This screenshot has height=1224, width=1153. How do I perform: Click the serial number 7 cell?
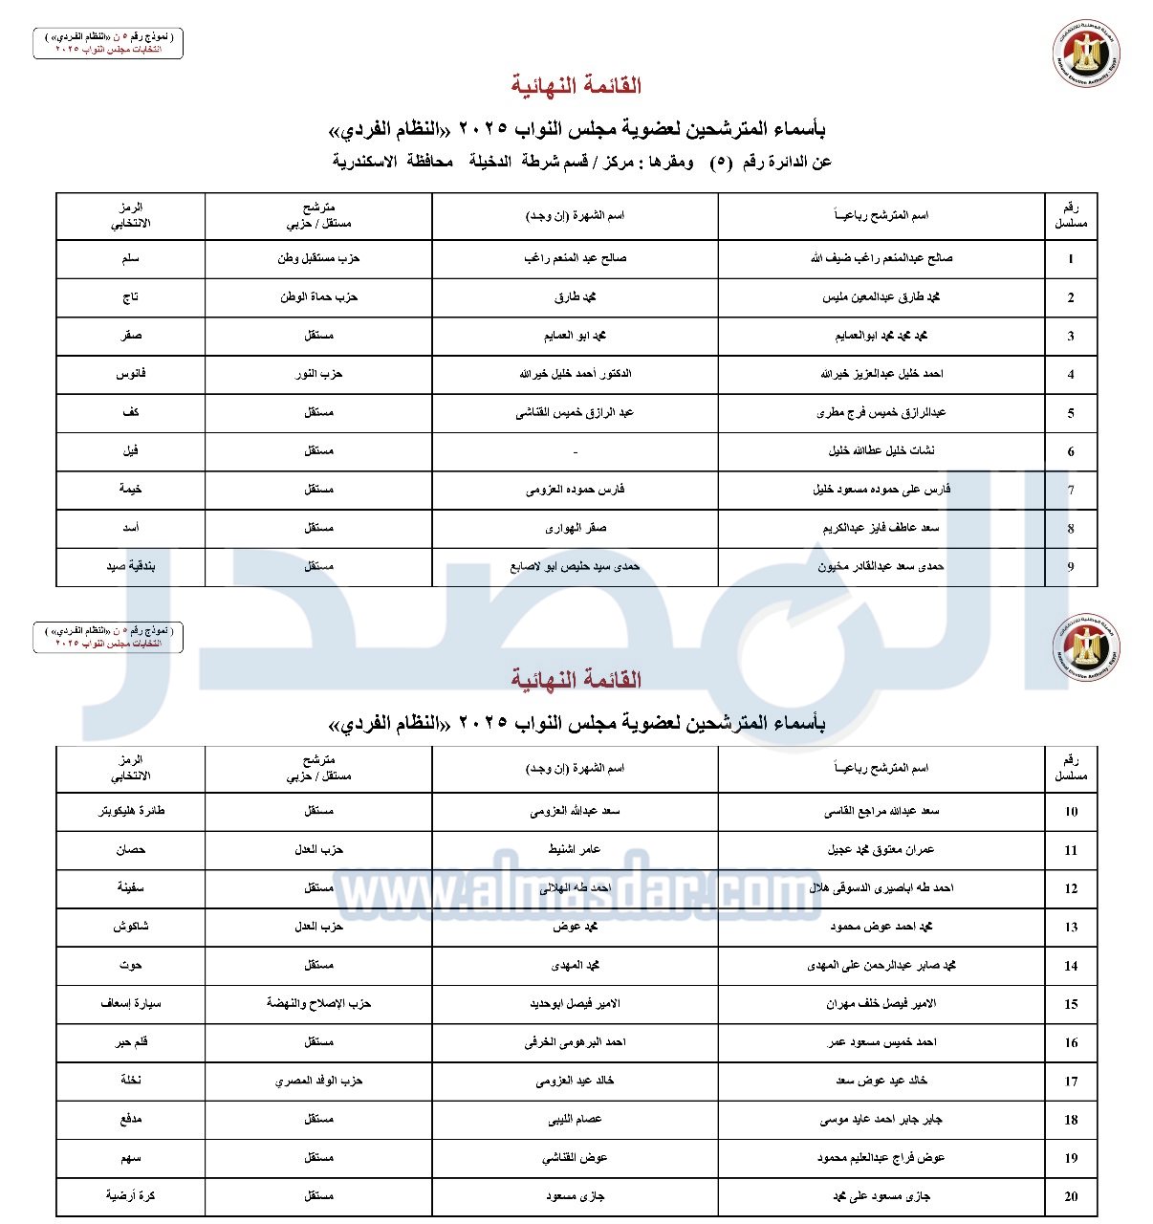point(1071,490)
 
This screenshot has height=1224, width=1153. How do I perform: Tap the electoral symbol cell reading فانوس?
point(130,374)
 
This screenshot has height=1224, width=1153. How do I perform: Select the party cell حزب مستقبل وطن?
point(318,258)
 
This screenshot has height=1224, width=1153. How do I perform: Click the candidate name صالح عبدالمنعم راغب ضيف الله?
point(881,258)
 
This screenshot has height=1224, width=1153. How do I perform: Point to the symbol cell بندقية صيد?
point(130,566)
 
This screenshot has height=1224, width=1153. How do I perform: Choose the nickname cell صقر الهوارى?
point(575,528)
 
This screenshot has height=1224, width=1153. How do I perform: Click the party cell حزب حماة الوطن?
point(318,296)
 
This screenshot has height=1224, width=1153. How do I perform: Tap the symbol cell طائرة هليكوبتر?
point(130,811)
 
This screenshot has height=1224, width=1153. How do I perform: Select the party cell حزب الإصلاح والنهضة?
point(318,1003)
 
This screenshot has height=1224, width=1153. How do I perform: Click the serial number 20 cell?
point(1071,1196)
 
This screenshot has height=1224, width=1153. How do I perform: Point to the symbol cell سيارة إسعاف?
point(130,1003)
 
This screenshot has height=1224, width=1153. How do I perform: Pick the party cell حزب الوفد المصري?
point(318,1081)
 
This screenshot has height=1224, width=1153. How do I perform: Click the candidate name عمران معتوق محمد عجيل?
point(881,849)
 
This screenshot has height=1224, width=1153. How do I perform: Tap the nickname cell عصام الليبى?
point(575,1119)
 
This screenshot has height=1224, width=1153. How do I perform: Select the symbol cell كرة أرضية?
point(130,1196)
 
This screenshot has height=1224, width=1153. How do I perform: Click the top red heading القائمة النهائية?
point(576,86)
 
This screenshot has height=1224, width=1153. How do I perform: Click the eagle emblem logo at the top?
point(1087,53)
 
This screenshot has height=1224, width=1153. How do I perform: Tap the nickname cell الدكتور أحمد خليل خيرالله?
point(575,374)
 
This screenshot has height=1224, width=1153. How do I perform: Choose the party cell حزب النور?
point(318,374)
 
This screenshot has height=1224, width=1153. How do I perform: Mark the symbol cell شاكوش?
point(130,927)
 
